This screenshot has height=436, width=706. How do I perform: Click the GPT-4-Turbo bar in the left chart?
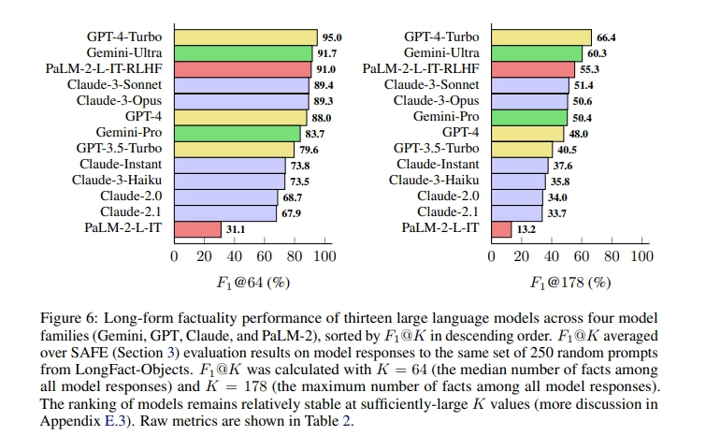(x=246, y=37)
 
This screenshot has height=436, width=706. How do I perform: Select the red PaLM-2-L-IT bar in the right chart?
(x=501, y=228)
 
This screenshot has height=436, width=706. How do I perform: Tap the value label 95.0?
(x=332, y=38)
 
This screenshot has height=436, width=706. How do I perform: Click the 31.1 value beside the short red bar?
(x=237, y=228)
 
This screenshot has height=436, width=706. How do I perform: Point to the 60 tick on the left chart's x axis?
(x=265, y=256)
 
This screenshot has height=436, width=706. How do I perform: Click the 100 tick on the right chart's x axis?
(x=641, y=256)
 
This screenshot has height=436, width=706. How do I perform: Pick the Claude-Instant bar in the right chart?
(x=519, y=165)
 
